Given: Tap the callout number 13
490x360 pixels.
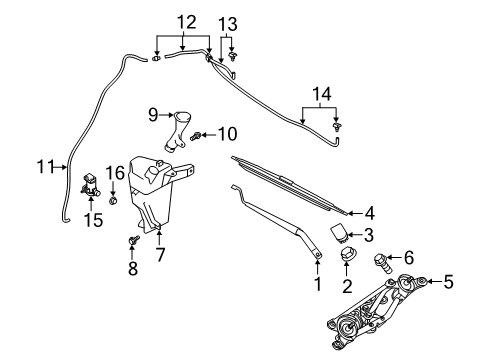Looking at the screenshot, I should point(229,21).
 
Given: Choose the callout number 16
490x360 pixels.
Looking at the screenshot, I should point(114,172).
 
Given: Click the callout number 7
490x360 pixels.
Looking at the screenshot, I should point(160,254).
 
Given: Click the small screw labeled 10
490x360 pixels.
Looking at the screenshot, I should point(200,135).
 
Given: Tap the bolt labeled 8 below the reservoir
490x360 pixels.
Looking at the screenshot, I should point(133,241).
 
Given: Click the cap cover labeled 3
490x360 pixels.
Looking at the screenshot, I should point(343,263).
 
